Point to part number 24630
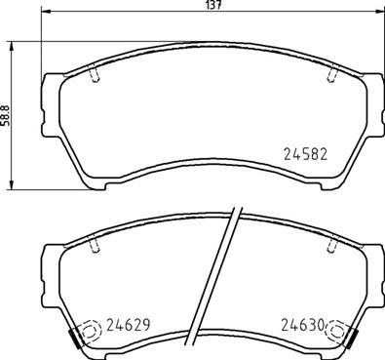tap(301, 327)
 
